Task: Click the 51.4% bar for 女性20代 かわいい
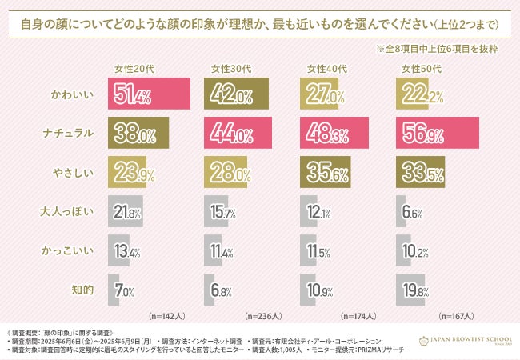click(148, 94)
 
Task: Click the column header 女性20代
click(129, 69)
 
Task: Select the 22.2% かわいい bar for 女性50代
click(410, 94)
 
